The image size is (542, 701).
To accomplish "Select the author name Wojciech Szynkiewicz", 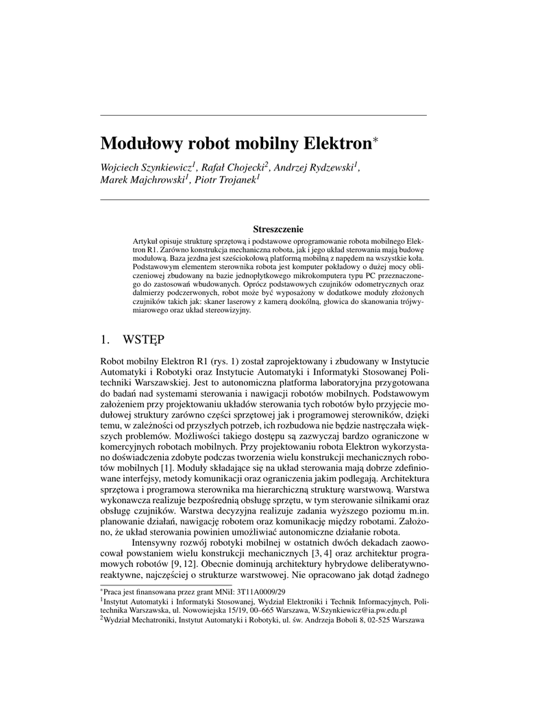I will coord(146,166).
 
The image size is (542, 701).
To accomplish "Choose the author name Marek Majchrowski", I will coord(143,180).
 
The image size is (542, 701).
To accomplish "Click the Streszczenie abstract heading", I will coord(278,229).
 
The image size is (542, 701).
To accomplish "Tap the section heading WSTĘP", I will coord(143,338).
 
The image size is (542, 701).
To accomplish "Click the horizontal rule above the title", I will coord(264,114).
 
